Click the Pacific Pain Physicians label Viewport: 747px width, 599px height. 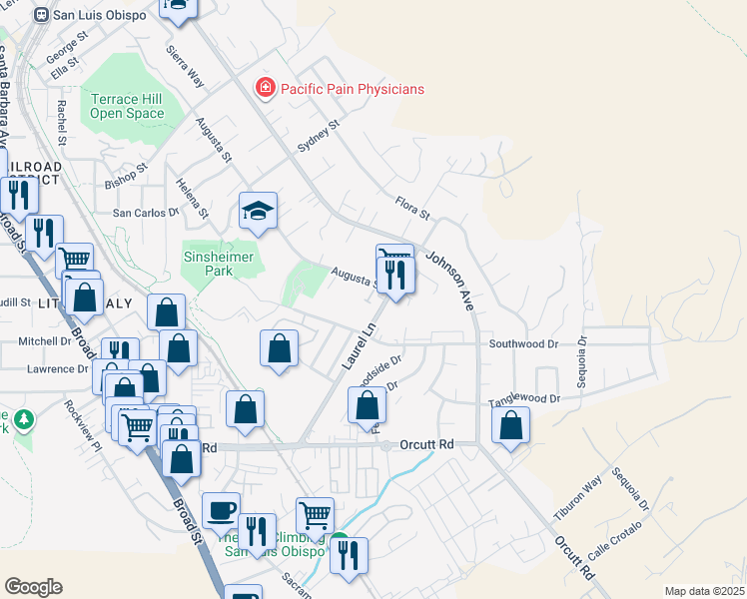click(352, 89)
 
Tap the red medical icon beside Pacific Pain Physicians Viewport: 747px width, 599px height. click(266, 89)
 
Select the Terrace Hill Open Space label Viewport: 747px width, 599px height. click(127, 107)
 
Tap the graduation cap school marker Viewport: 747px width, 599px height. click(258, 211)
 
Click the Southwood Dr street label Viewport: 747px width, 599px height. click(523, 343)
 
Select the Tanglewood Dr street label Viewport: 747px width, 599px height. click(524, 399)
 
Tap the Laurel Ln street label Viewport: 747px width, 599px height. click(357, 345)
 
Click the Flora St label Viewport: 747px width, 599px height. click(411, 208)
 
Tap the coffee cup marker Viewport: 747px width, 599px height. click(221, 510)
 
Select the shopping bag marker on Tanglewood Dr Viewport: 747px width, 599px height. click(511, 424)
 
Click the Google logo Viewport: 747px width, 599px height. click(33, 587)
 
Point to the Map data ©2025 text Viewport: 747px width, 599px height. click(703, 591)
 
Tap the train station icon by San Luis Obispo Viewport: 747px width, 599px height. click(41, 16)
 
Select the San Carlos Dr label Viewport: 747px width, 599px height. click(145, 213)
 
